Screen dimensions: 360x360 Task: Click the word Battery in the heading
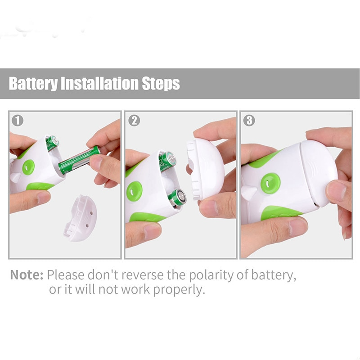33,84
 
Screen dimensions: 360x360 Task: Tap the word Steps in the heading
161,84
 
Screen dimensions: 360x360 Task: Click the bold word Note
27,274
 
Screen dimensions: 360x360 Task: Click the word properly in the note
179,290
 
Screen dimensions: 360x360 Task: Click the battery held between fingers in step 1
79,160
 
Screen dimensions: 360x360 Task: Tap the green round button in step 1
28,167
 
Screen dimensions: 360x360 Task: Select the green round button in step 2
135,190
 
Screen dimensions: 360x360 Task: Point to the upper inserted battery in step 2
167,161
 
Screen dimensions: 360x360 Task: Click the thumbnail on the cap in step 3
336,191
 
